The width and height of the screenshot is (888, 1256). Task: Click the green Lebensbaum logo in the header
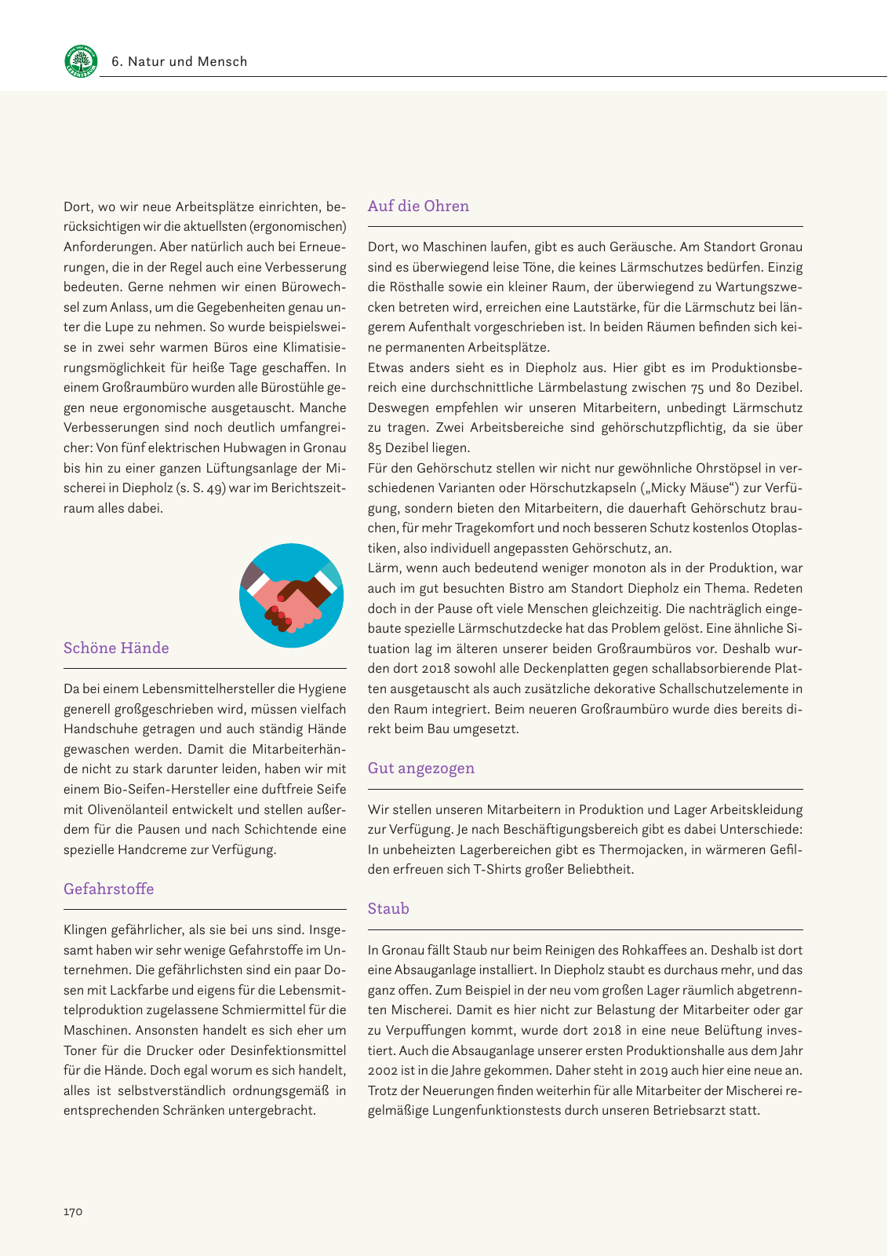coord(81,61)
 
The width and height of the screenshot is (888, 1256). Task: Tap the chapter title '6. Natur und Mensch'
coord(180,61)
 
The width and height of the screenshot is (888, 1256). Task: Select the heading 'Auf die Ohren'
coord(418,206)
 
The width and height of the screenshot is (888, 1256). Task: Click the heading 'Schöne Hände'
coord(116,648)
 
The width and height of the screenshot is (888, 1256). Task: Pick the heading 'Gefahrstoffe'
coord(108,889)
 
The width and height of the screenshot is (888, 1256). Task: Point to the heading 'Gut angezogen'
coord(421,769)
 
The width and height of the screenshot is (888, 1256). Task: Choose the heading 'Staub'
coord(388,909)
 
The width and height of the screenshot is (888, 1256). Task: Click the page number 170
coord(73,1211)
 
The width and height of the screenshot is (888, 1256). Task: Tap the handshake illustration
coord(291,596)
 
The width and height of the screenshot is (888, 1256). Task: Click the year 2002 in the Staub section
coord(383,1071)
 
